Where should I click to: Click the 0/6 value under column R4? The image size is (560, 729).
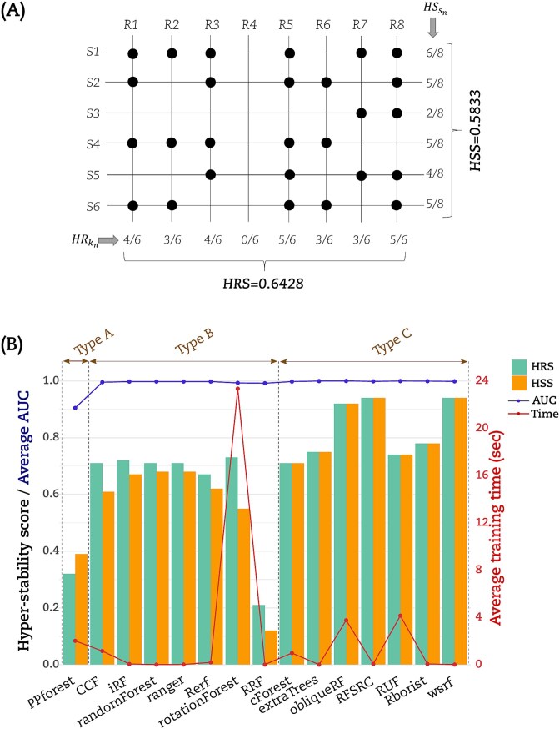tap(249, 239)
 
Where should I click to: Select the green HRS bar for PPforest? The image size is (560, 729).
tap(68, 618)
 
